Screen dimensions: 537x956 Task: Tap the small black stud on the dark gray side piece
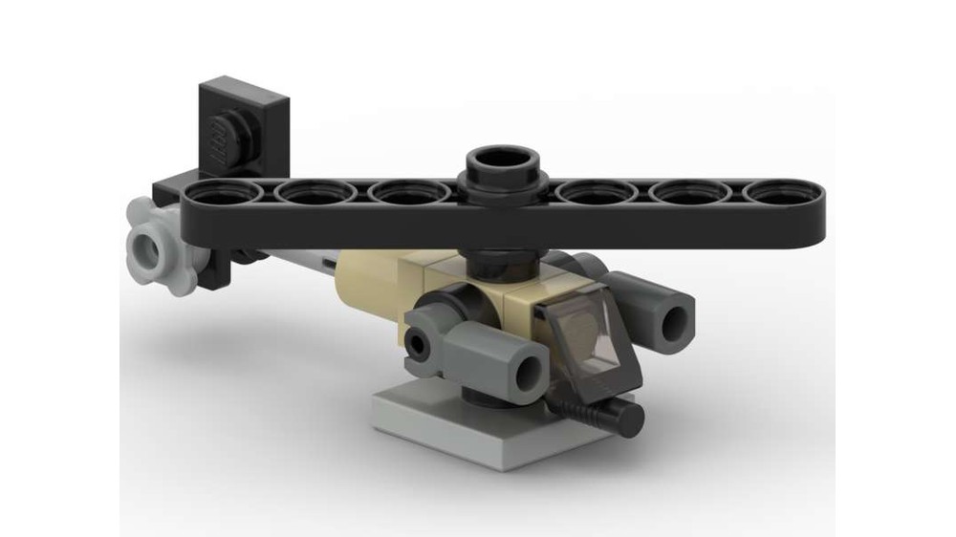(419, 341)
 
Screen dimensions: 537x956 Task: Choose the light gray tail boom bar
(287, 253)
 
